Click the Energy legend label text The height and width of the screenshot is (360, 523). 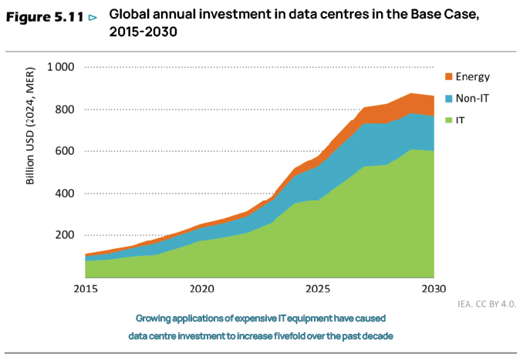tap(473, 76)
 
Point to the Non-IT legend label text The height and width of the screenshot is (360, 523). tap(472, 99)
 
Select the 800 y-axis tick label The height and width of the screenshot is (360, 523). tap(63, 109)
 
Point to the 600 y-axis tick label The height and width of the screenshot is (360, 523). tap(63, 151)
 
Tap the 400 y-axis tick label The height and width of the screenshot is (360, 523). tap(63, 193)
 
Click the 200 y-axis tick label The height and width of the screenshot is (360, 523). tap(63, 235)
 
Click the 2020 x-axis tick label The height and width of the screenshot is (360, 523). tap(201, 289)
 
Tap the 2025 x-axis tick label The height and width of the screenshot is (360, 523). tap(318, 289)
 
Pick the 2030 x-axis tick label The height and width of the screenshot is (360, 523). tap(434, 289)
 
